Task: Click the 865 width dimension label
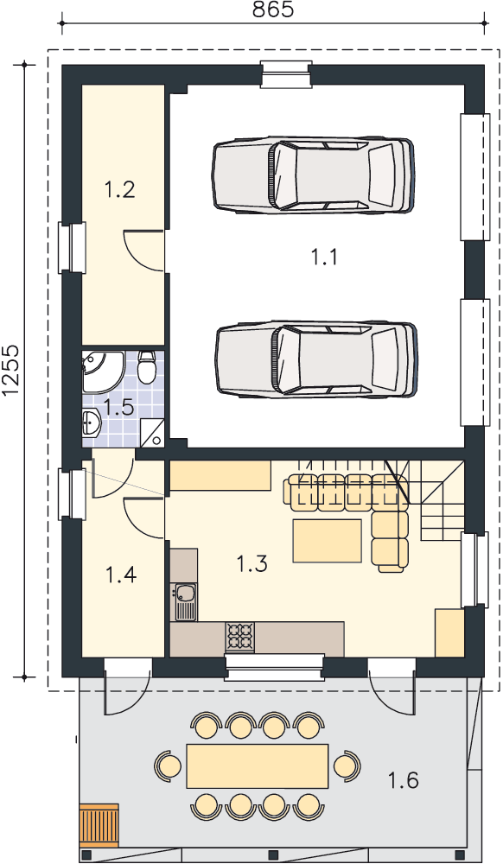273,10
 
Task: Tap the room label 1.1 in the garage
324,257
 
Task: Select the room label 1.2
119,190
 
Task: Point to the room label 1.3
252,563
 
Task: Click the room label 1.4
121,575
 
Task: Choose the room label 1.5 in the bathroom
118,408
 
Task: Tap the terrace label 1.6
404,780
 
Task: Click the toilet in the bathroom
147,367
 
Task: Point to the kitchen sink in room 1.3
184,601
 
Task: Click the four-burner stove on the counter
239,636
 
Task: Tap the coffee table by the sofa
328,541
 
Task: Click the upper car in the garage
312,175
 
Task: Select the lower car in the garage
316,359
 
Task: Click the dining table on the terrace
258,766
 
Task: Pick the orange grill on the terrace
99,825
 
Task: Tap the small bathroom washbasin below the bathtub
91,423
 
